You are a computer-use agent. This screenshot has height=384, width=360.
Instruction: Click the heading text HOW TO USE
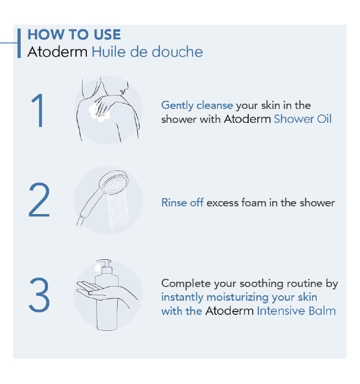(x=74, y=35)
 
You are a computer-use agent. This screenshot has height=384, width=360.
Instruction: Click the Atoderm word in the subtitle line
(x=57, y=52)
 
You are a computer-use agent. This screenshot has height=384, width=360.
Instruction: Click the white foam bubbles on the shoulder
(x=100, y=113)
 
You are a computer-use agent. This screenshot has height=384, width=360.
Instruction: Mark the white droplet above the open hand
(x=97, y=266)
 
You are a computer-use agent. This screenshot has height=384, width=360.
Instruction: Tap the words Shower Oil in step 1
(x=302, y=119)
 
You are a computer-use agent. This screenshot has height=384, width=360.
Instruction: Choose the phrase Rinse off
(x=182, y=203)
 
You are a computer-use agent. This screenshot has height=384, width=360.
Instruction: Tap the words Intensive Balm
(x=296, y=311)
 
